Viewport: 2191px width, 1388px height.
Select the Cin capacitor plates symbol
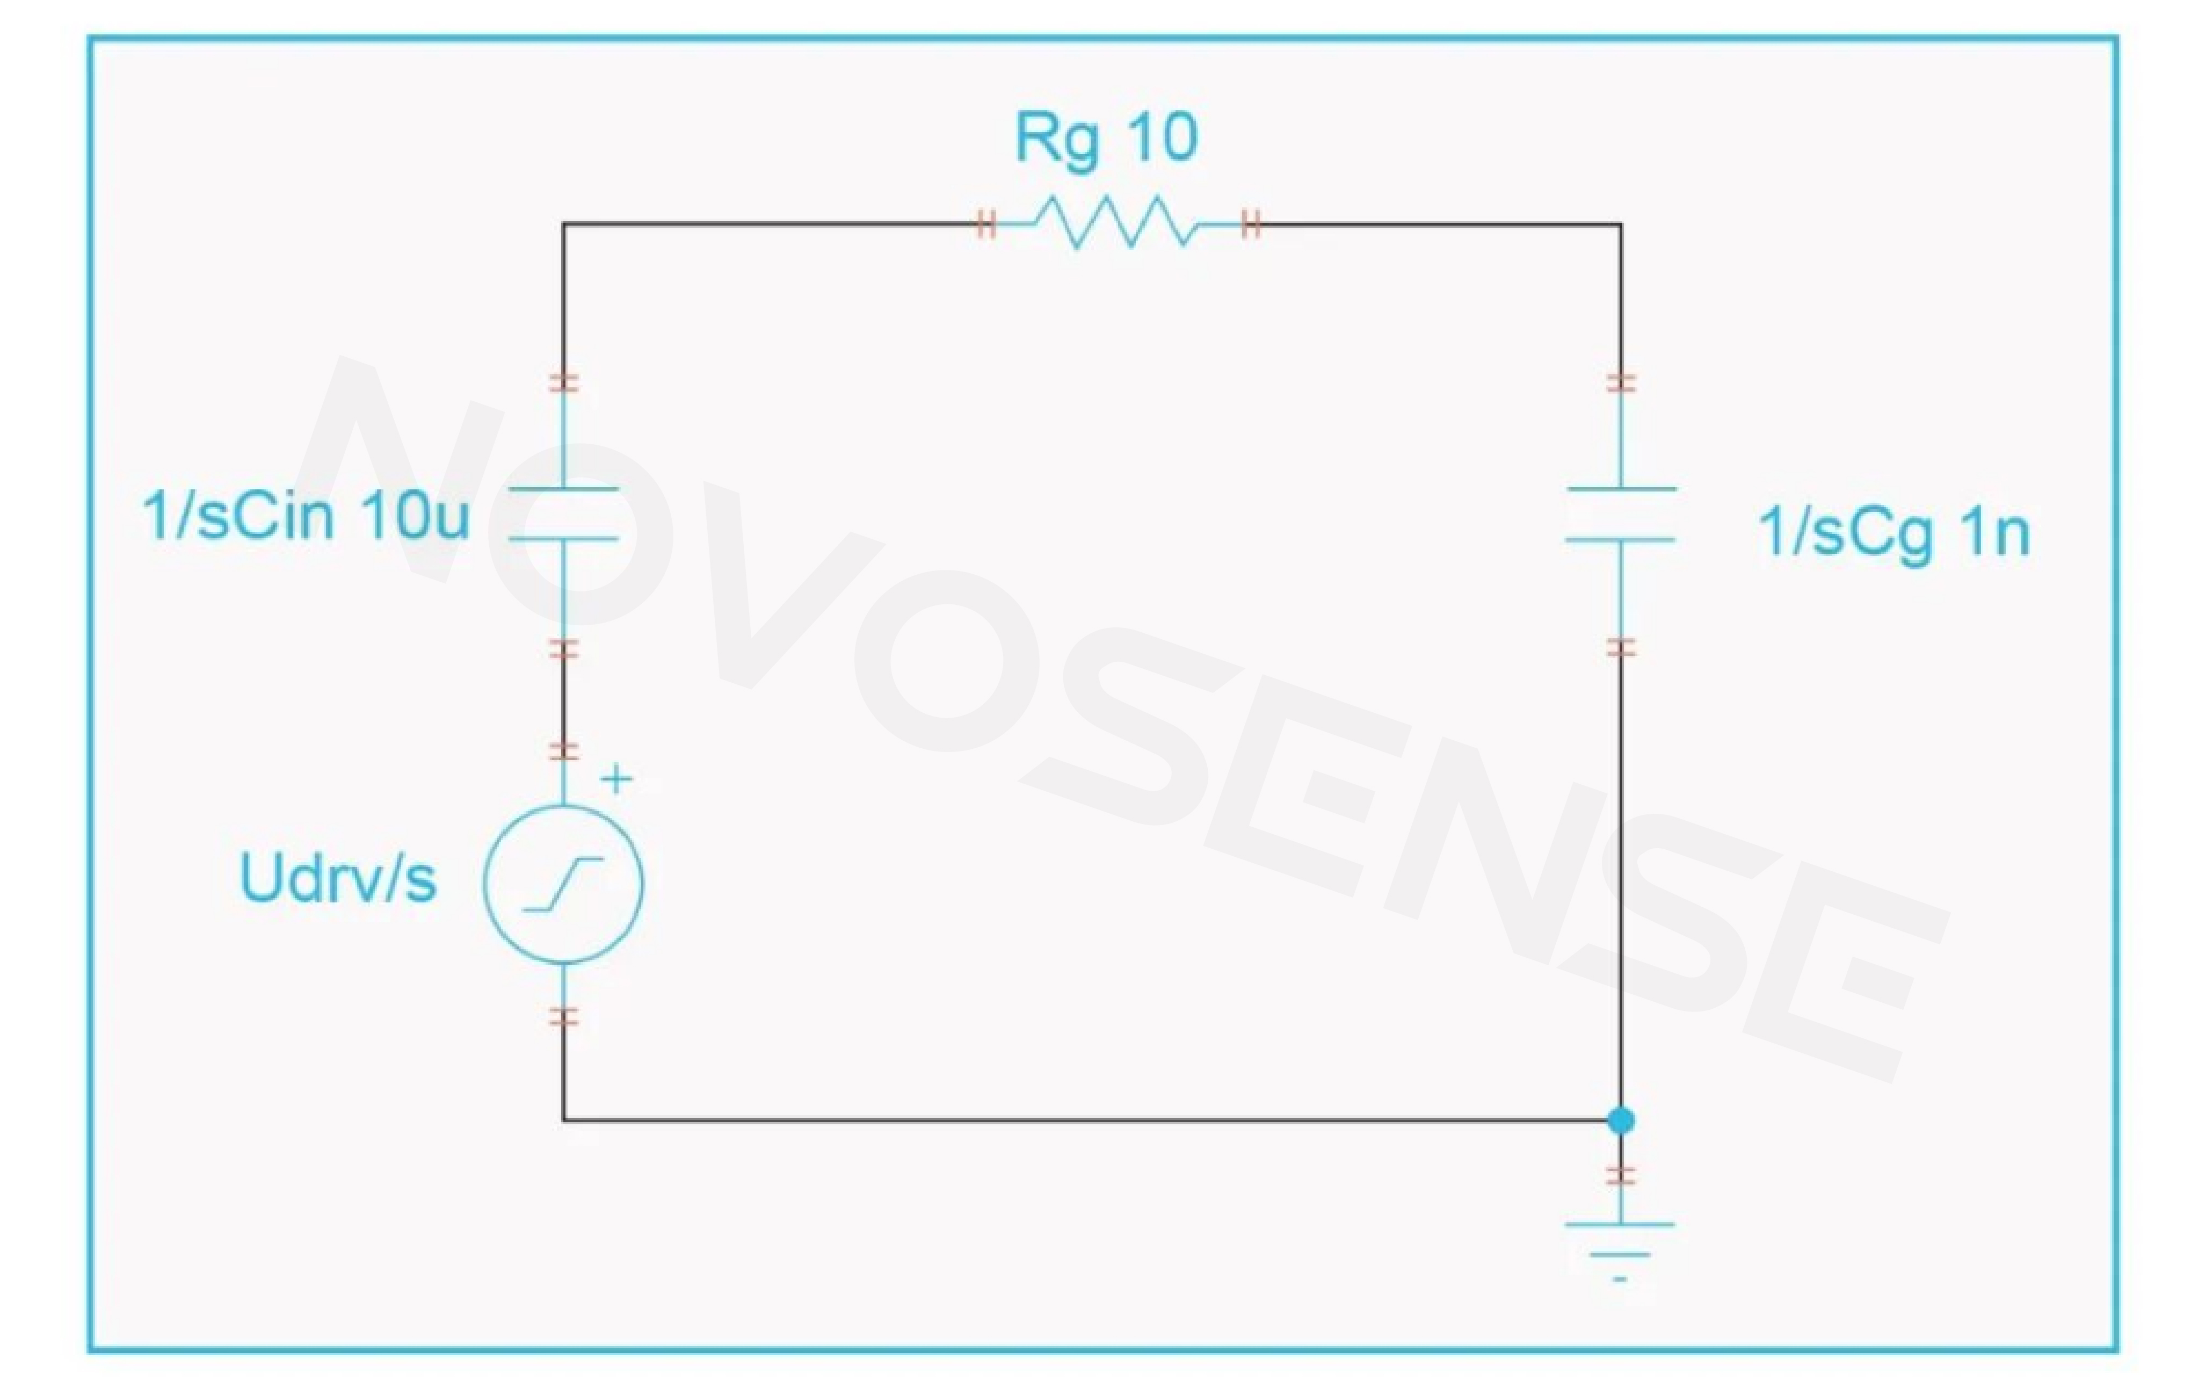563,514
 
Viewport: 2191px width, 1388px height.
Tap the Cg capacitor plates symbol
1621,514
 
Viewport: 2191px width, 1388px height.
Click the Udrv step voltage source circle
563,884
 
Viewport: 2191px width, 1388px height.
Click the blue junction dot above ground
1621,1120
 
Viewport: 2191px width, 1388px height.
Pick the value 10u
415,516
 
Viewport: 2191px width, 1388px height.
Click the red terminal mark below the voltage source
563,1017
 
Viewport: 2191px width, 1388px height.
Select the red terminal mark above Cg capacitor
1621,382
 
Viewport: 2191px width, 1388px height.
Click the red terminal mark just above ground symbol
1621,1175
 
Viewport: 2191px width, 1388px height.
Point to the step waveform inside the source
563,884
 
